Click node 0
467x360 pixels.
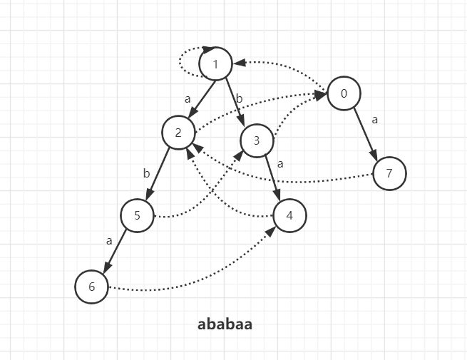[344, 94]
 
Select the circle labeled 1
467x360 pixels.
[215, 65]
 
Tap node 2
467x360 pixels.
[178, 132]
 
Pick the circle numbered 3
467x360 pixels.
[257, 141]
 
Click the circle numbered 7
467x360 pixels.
[389, 173]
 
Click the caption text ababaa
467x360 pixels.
[225, 324]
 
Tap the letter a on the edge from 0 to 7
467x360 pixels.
[375, 120]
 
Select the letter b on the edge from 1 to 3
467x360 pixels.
[240, 99]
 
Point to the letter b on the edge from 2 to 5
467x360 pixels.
[146, 173]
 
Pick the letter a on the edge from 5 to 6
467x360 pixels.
[109, 241]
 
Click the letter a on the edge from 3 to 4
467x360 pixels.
[280, 164]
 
